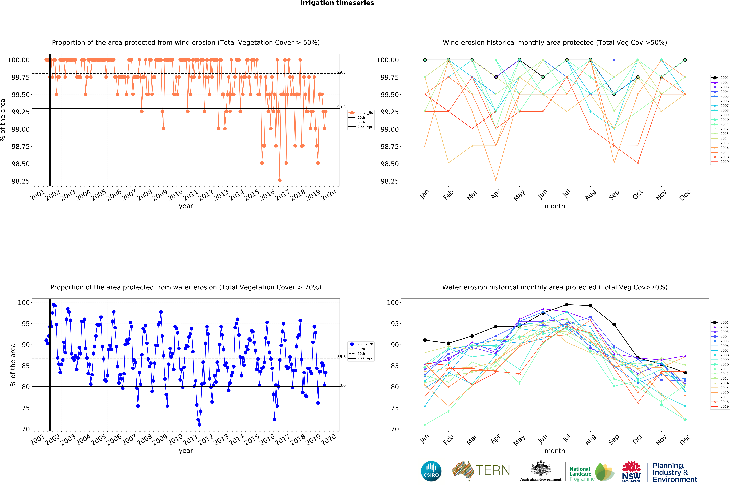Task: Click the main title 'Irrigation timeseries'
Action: (x=337, y=3)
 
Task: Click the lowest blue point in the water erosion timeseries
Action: (x=199, y=425)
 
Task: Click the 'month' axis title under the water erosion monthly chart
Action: (x=555, y=451)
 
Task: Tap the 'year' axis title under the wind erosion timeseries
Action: (x=186, y=206)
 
